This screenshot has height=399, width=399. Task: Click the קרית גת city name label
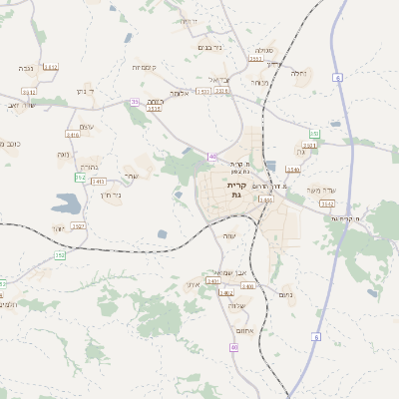click(236, 189)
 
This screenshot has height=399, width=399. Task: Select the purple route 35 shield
click(135, 101)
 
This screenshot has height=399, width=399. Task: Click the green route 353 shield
click(314, 133)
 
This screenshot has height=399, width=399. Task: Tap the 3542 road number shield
click(327, 202)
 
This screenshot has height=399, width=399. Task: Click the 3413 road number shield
click(99, 181)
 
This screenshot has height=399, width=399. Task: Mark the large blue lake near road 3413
click(67, 204)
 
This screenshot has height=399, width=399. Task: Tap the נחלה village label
click(298, 73)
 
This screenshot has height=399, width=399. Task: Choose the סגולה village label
click(263, 50)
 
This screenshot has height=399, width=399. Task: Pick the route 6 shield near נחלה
click(338, 77)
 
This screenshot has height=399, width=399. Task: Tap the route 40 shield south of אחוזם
click(233, 346)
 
